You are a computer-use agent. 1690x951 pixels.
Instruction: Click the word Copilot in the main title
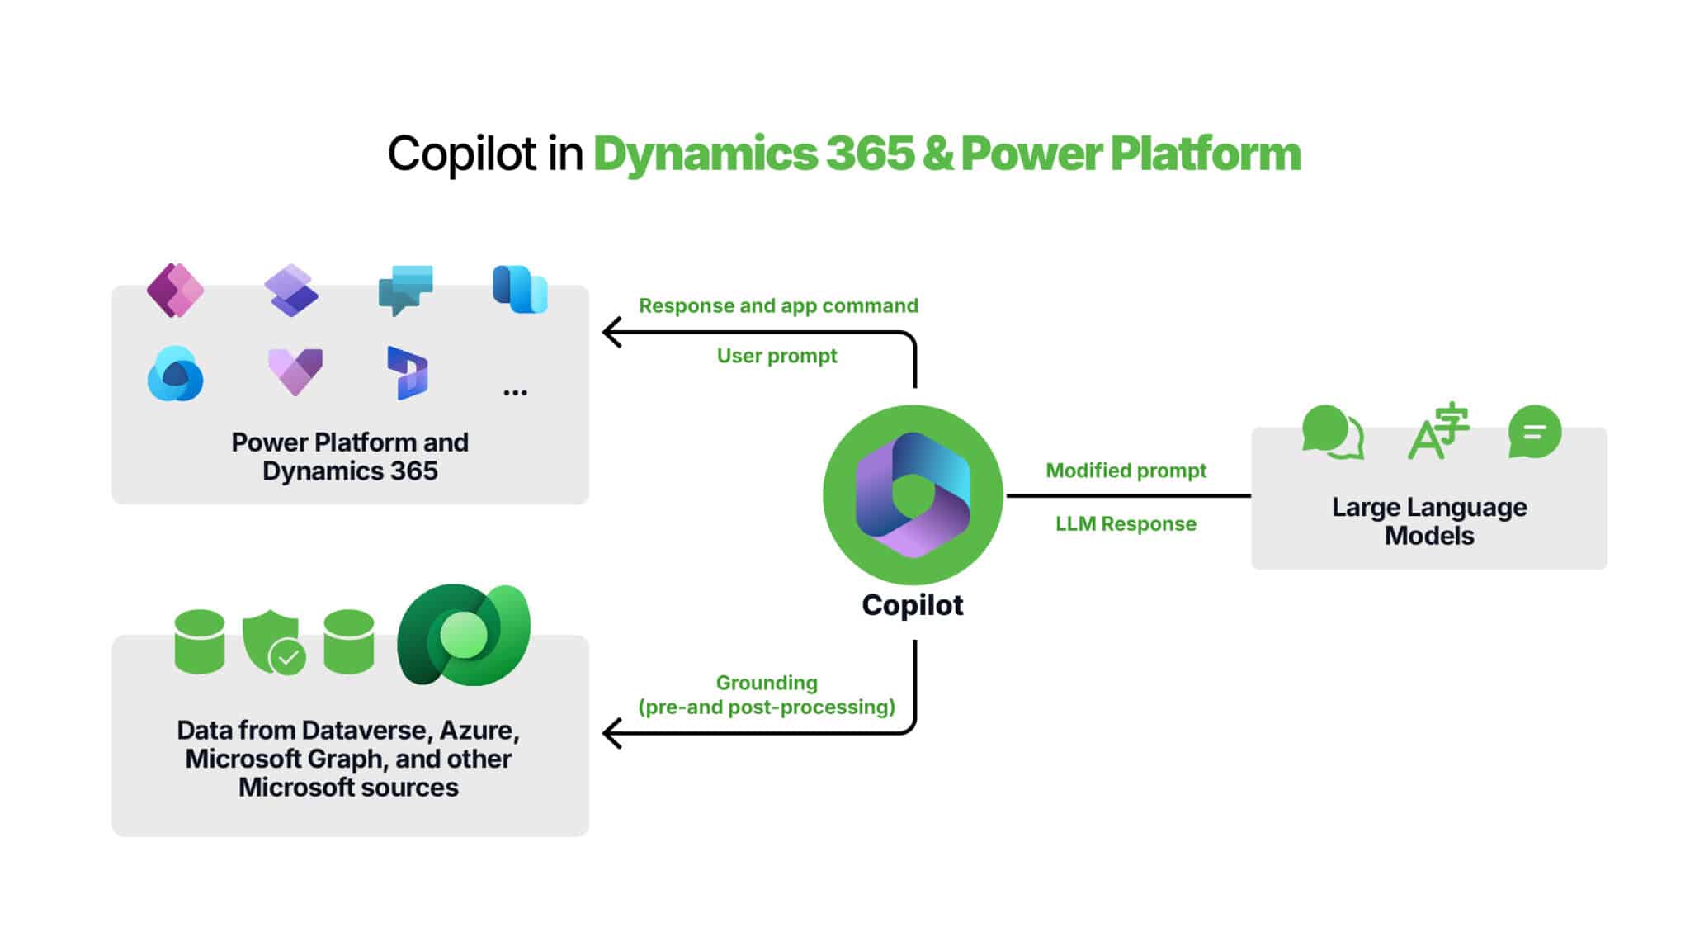pos(462,154)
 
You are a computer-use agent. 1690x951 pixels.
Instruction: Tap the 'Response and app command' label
pos(778,306)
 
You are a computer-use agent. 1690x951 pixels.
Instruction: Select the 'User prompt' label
pos(777,356)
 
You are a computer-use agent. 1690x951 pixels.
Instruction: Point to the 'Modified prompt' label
pos(1126,471)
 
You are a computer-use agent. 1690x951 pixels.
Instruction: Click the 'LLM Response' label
pos(1126,523)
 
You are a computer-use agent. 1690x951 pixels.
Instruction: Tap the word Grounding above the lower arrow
pos(767,683)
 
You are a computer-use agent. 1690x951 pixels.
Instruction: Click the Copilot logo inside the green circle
pos(913,494)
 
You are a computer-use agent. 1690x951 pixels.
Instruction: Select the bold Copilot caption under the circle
pos(912,605)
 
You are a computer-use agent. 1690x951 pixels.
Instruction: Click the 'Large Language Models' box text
pos(1428,521)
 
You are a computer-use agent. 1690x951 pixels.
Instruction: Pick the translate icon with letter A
pos(1437,432)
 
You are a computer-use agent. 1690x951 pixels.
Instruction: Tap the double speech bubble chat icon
pos(1332,432)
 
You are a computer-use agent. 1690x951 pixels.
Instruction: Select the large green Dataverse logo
pos(464,635)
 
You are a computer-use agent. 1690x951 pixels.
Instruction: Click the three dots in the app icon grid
pos(515,393)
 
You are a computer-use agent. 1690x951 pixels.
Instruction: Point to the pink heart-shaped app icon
pos(295,371)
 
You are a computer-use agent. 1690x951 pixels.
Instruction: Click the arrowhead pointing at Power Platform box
pos(611,333)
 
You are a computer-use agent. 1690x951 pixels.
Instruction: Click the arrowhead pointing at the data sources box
pos(611,733)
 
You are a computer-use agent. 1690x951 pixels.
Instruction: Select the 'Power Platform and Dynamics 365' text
pos(350,457)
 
